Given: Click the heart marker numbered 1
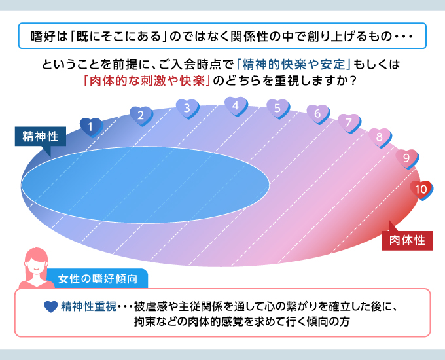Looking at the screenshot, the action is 91,127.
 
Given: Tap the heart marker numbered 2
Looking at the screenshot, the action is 141,116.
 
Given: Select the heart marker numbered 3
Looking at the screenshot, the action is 187,109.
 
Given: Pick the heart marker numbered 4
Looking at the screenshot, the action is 236,106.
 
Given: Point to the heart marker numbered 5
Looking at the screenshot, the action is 278,109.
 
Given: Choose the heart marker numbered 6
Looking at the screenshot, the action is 318,114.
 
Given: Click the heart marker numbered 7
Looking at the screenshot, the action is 349,123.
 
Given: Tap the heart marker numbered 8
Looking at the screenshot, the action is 380,137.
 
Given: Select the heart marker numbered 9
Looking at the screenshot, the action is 407,158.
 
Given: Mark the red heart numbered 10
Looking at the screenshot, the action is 421,190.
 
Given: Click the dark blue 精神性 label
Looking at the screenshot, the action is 41,137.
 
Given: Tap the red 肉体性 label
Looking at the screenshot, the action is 407,240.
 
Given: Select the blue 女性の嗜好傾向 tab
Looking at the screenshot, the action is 98,279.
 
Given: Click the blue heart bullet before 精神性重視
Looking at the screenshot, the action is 51,306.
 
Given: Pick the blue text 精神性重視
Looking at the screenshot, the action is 88,306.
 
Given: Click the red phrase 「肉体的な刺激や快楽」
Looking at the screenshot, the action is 147,81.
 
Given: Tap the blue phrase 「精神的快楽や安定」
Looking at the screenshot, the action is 294,65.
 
